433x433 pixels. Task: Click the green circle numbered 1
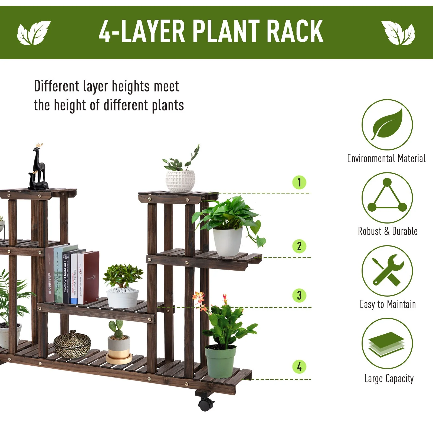click(299, 182)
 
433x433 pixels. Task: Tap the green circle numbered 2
click(299, 246)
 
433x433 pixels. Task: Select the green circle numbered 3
click(299, 295)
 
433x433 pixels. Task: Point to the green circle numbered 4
click(299, 367)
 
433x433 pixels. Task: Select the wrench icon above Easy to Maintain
click(387, 271)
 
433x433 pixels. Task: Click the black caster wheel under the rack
click(206, 404)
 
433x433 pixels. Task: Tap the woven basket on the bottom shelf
click(72, 344)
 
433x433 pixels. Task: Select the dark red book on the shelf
click(91, 277)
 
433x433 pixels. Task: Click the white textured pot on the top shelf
click(180, 181)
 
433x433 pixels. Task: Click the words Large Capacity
click(389, 378)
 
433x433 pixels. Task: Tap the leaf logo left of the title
click(34, 32)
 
